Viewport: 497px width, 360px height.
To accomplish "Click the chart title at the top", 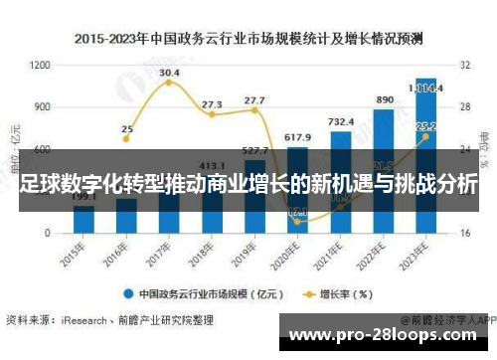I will click(248, 39).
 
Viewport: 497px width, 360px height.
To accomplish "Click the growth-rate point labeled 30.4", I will click(169, 82).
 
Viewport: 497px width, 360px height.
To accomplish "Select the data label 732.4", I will click(341, 121).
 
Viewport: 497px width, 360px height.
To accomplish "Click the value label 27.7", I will click(254, 100).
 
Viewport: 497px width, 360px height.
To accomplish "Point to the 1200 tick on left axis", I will click(40, 65).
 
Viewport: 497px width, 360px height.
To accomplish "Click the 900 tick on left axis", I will click(42, 106).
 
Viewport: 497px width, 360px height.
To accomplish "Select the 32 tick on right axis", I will click(465, 65).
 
